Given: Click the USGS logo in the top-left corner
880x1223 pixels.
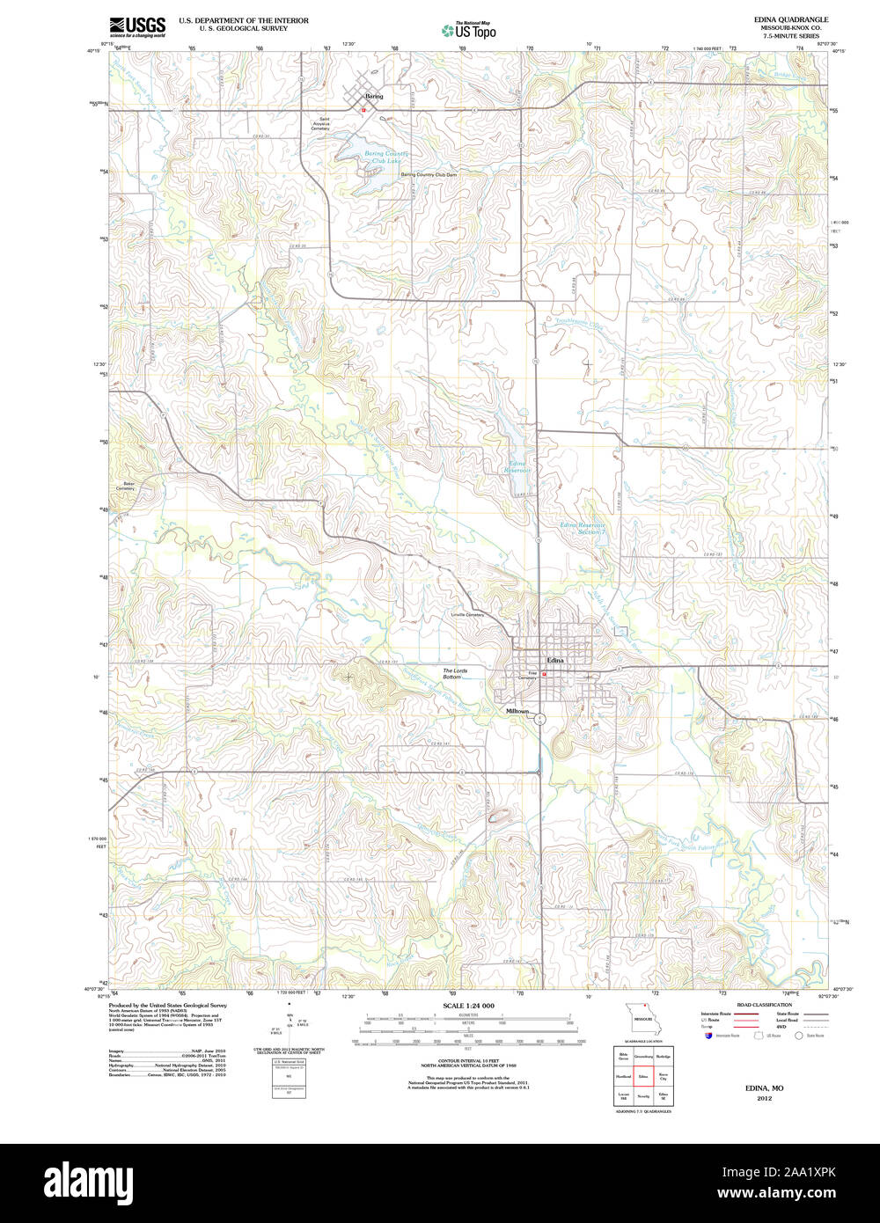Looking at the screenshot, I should click(136, 26).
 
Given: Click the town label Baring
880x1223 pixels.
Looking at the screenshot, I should click(375, 96).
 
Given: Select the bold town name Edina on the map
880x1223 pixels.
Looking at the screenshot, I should click(555, 659).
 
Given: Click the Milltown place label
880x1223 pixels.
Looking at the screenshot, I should click(517, 711).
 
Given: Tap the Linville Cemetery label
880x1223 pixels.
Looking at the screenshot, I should click(467, 614).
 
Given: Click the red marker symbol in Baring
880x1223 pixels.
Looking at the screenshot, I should click(363, 110).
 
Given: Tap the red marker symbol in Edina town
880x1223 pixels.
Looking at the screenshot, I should click(545, 675).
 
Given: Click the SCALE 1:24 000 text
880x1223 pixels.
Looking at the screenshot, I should click(468, 1006).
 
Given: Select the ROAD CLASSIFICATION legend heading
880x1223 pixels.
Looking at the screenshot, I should click(764, 1005).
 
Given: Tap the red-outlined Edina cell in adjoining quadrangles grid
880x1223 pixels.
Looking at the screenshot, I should click(643, 1075).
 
